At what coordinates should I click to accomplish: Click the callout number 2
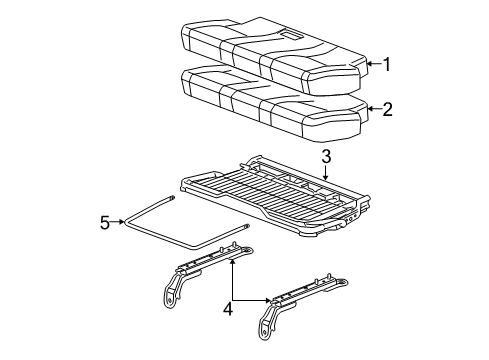point(387,109)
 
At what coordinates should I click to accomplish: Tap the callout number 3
point(325,156)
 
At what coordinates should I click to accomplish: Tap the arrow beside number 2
point(368,109)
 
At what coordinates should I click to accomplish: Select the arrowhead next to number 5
point(126,223)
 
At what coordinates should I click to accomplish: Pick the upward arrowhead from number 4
point(232,261)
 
